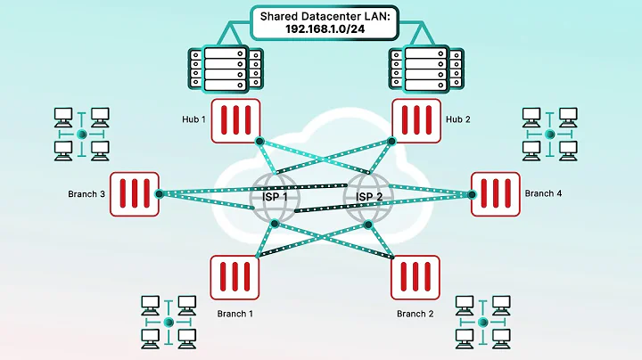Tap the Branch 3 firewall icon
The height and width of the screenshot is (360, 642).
135,193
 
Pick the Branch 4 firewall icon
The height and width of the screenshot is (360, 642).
495,193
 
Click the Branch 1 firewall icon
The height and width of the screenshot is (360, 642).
235,276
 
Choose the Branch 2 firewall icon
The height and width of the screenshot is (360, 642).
415,276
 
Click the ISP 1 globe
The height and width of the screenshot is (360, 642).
275,197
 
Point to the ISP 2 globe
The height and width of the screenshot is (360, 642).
367,197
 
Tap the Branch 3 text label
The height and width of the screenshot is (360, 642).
86,193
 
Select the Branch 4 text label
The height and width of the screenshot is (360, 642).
544,193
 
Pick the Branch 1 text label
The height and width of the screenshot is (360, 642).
236,314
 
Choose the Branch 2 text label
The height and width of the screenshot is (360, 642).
416,314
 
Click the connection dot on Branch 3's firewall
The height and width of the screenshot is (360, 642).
160,193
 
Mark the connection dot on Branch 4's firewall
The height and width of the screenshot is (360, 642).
471,193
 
